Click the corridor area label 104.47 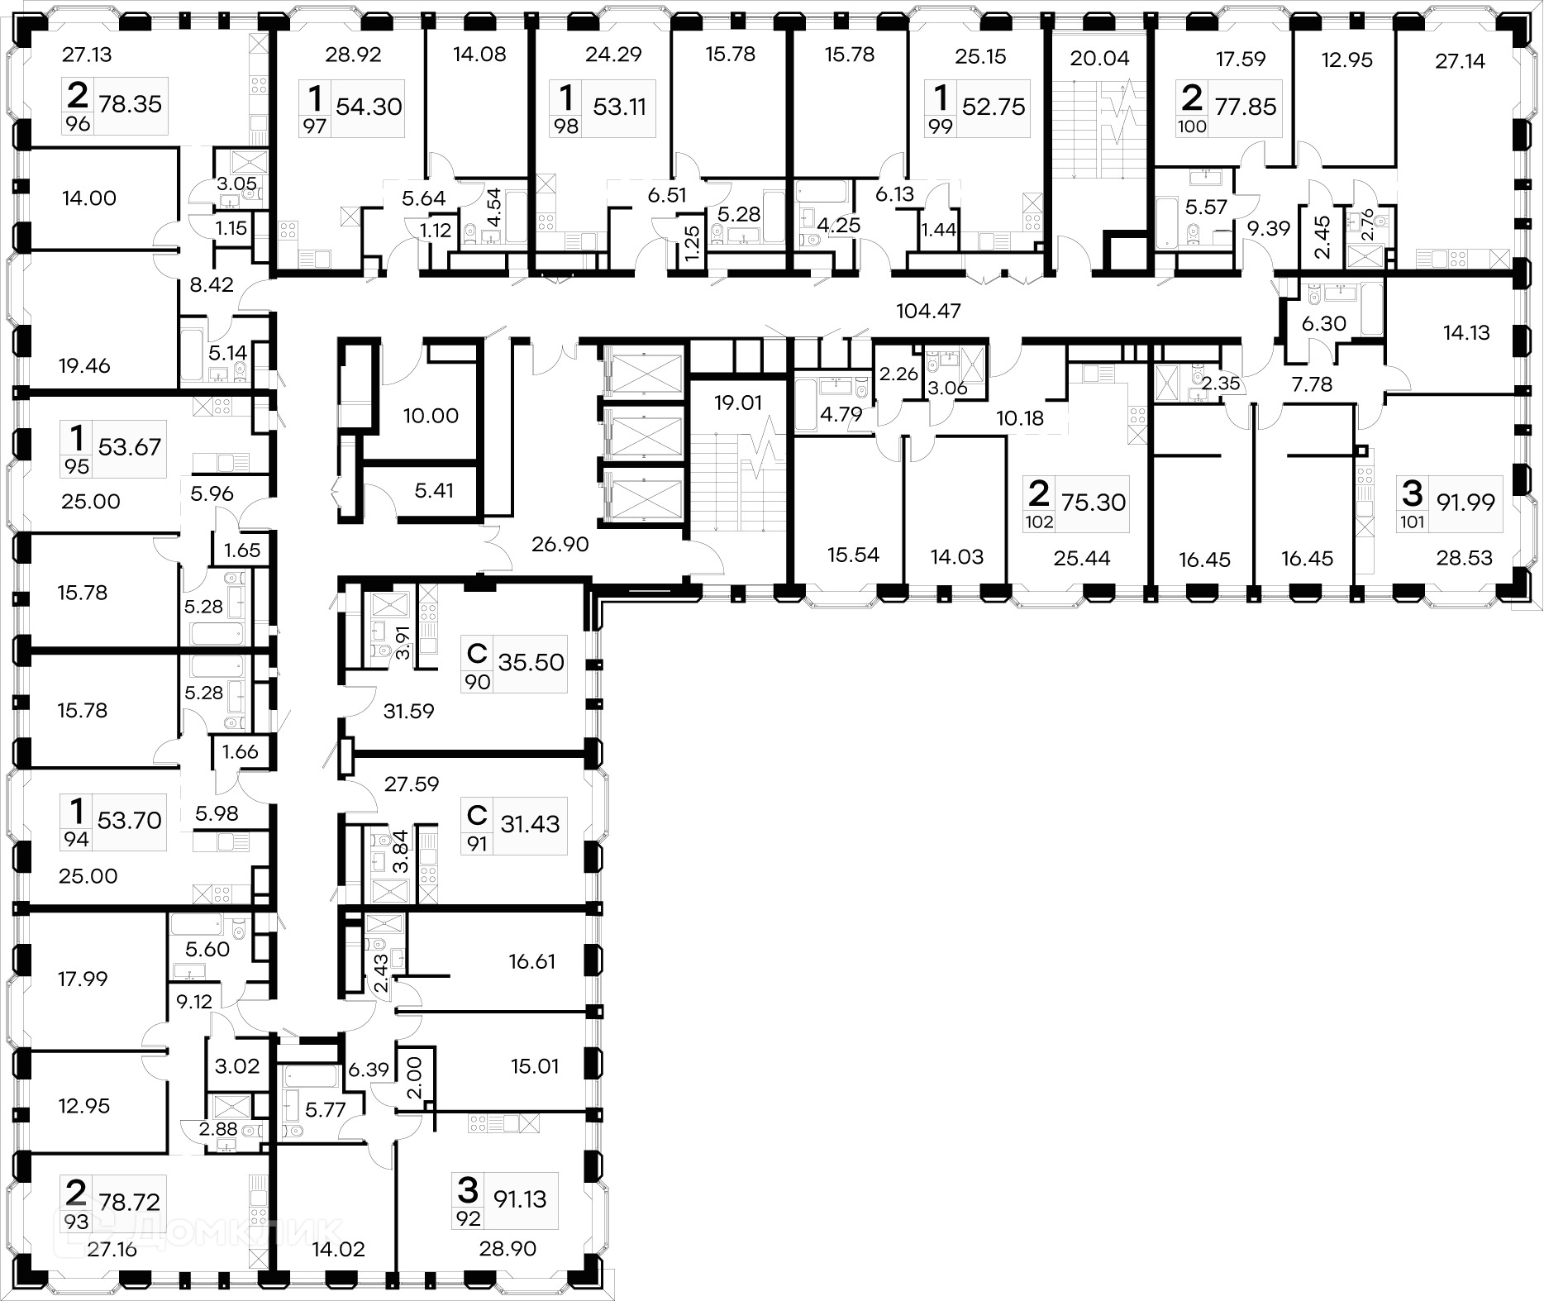pyautogui.click(x=929, y=312)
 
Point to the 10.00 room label pyautogui.click(x=431, y=416)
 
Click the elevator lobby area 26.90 pyautogui.click(x=560, y=544)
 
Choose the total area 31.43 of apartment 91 pyautogui.click(x=530, y=824)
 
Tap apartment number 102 pyautogui.click(x=1039, y=522)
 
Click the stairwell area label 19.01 pyautogui.click(x=738, y=403)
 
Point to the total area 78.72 pyautogui.click(x=129, y=1202)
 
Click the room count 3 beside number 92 pyautogui.click(x=468, y=1191)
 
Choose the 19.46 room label pyautogui.click(x=84, y=365)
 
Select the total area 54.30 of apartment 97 pyautogui.click(x=369, y=107)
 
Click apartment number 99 pyautogui.click(x=941, y=126)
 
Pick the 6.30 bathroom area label pyautogui.click(x=1324, y=324)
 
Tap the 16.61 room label pyautogui.click(x=532, y=961)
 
